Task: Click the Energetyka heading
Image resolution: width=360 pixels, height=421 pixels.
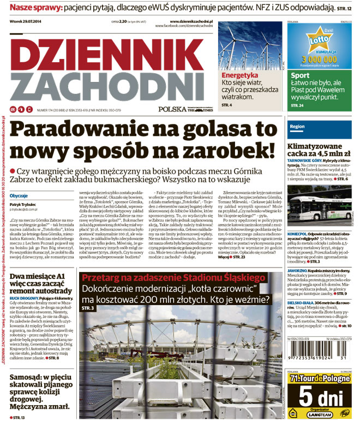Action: pyautogui.click(x=239, y=75)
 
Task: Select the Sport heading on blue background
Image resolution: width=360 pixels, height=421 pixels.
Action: pyautogui.click(x=301, y=75)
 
